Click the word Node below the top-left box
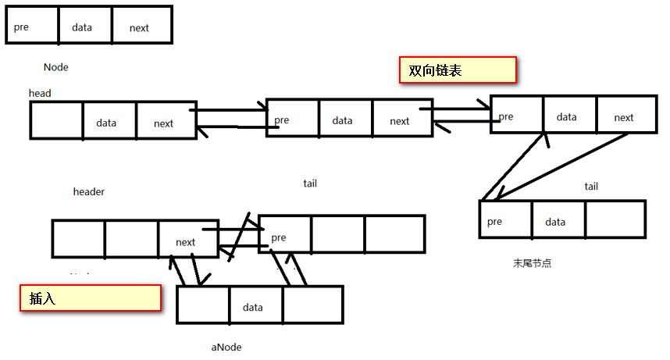56,67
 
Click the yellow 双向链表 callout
458,70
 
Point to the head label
40,94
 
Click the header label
89,191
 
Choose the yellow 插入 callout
90,298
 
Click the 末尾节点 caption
532,263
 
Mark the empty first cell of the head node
56,121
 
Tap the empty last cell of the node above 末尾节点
615,219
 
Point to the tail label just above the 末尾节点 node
591,187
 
